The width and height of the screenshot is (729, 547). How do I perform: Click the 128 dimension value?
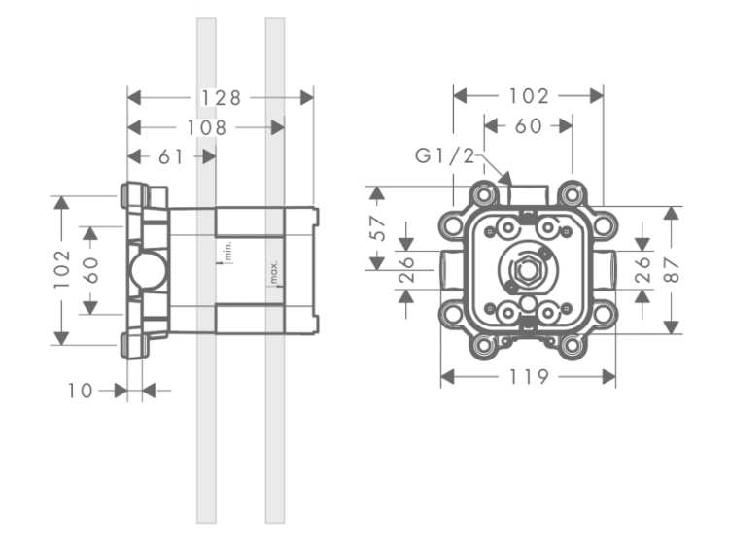point(221,98)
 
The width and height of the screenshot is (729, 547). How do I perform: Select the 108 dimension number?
point(206,128)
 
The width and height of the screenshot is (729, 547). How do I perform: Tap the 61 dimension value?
point(171,157)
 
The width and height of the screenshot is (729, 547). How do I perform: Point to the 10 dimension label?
point(81,391)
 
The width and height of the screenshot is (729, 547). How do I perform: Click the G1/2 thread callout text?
point(444,155)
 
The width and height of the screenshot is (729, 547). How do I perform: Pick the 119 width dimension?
point(529,376)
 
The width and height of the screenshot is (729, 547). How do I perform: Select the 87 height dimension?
point(673,270)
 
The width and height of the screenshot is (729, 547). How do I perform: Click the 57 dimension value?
point(378,228)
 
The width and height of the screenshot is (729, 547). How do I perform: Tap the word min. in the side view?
point(227,252)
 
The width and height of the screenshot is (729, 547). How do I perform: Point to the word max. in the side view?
point(274,272)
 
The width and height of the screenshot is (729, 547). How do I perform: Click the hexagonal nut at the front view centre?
point(527,270)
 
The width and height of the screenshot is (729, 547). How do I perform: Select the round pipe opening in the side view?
point(148,271)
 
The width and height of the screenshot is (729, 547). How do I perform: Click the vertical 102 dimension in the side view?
point(62,269)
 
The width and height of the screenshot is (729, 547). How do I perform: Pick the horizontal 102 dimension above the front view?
point(529,96)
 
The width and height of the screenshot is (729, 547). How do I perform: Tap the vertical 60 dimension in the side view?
point(90,270)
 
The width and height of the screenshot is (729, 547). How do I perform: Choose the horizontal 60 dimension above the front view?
point(528,126)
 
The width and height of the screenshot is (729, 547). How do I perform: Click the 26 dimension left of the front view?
point(406,269)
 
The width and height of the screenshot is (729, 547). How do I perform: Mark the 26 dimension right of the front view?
point(642,270)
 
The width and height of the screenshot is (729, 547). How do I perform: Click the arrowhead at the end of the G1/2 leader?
point(506,178)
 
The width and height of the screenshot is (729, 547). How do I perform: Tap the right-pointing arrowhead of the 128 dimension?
point(307,98)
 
